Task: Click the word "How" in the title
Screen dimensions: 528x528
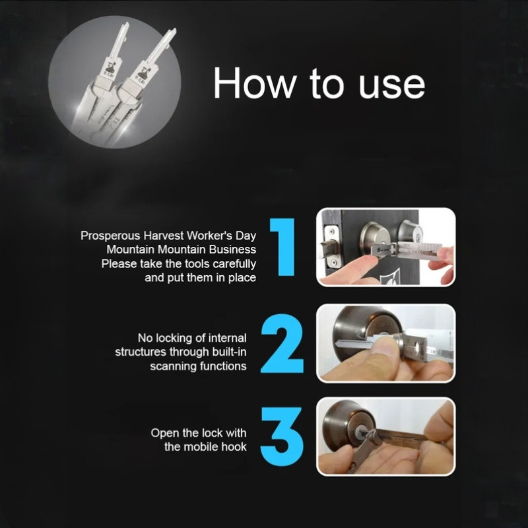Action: [x=255, y=82]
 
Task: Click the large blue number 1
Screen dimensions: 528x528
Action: [x=283, y=247]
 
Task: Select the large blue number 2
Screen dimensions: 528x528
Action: [x=282, y=343]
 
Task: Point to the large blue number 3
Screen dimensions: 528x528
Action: [x=282, y=437]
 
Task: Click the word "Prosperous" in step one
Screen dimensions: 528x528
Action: [x=110, y=236]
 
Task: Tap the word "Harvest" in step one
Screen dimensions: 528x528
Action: [x=164, y=236]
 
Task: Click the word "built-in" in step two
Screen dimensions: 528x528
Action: [x=229, y=352]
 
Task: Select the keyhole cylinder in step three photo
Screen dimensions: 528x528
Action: [x=361, y=433]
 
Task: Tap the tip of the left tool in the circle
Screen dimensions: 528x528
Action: [x=126, y=24]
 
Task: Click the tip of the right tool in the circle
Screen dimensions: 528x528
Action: [x=174, y=31]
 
